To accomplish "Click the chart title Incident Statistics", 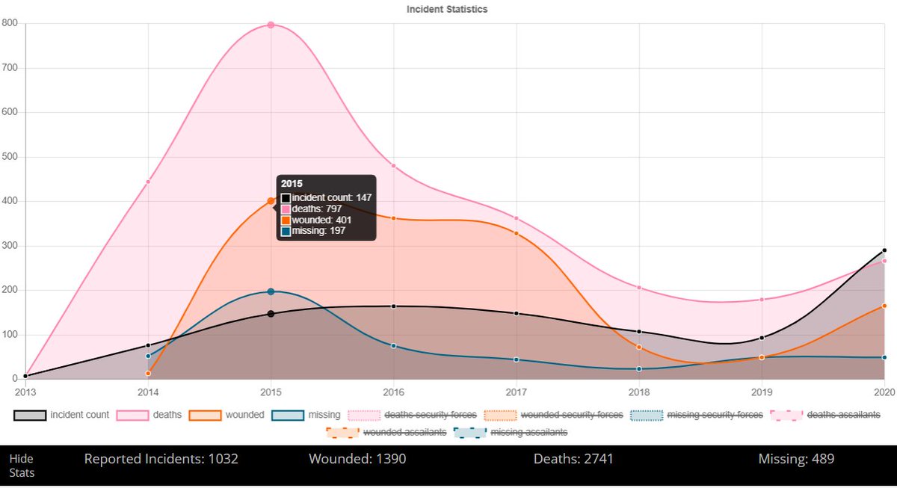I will (447, 10).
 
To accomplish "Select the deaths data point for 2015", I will (271, 25).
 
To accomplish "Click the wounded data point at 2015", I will (271, 201).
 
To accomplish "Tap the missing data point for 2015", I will (271, 291).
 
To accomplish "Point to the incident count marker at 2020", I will (884, 250).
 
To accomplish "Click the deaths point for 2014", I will (148, 182).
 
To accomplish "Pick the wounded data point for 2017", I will (516, 233).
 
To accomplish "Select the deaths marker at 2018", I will (639, 288).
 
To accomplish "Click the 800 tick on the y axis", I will (10, 23).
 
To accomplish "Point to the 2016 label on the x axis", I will (393, 391).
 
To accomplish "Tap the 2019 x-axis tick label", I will (762, 391).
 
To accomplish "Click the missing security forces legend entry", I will (697, 415).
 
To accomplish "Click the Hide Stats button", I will (22, 466).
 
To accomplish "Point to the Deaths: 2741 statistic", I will (573, 459).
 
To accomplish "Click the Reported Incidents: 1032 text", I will (161, 459).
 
